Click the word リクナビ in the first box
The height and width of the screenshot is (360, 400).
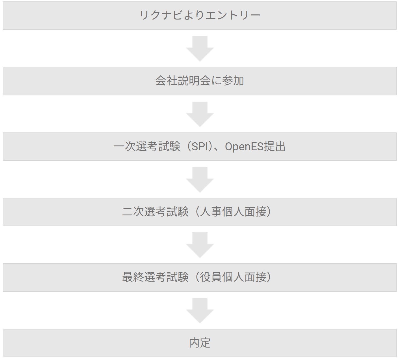pos(161,15)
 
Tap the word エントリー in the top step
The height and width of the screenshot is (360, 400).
pos(233,15)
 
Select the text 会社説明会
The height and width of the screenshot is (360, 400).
pos(183,81)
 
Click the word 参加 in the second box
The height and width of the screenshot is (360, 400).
pos(233,81)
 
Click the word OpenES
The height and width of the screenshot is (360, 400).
pos(244,147)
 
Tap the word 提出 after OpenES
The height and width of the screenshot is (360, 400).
pos(274,146)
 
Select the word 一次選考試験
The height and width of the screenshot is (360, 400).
pos(147,146)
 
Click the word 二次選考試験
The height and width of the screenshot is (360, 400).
pos(155,212)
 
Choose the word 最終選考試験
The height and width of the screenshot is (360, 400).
pos(155,277)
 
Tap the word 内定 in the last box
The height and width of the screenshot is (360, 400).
pos(200,343)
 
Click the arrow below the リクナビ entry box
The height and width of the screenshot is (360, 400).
pos(200,48)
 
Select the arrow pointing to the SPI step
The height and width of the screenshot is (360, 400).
pos(200,114)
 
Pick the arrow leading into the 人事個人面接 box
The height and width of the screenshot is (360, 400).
pos(200,180)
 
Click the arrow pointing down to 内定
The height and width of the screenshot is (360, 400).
pos(200,311)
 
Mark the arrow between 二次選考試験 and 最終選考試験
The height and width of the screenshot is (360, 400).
pos(200,245)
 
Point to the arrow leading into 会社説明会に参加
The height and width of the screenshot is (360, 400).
pos(200,48)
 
